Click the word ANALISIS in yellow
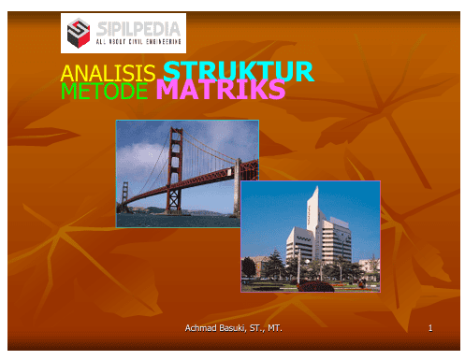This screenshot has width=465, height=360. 108,73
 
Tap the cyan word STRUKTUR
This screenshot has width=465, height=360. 239,71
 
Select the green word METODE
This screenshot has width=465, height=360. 104,91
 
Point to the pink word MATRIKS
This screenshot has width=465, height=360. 221,89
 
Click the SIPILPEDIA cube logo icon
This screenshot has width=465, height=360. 79,33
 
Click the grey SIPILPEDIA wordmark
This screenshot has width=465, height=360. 138,29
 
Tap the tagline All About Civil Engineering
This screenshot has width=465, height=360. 138,42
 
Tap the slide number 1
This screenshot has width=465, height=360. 430,328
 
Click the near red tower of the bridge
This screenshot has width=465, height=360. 175,170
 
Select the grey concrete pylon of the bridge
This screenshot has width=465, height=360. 238,188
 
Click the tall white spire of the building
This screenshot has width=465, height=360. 313,212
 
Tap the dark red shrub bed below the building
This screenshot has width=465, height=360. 316,286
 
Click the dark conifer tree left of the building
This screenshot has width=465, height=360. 275,264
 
